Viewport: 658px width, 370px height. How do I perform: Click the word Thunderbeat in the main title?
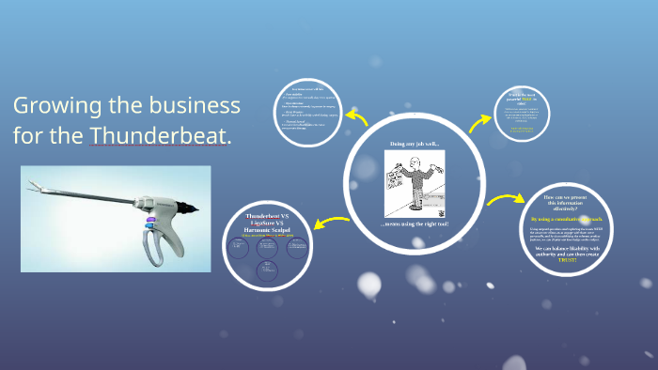pyautogui.click(x=160, y=136)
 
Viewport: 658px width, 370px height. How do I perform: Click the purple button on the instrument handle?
pyautogui.click(x=149, y=223)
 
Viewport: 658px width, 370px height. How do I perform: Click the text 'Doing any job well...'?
pyautogui.click(x=415, y=143)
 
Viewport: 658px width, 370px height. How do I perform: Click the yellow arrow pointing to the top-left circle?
pyautogui.click(x=356, y=117)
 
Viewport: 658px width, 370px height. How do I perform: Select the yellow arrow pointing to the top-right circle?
pyautogui.click(x=480, y=123)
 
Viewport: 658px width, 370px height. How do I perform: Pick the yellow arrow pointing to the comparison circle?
pyautogui.click(x=328, y=223)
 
